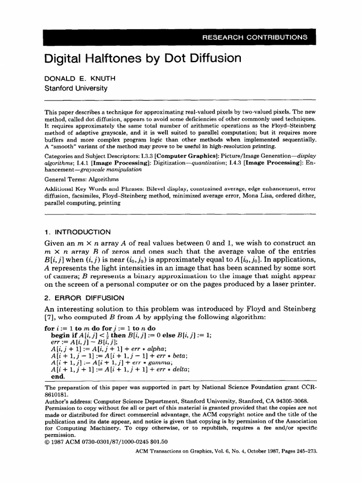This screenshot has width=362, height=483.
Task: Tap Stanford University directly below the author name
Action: [x=75, y=88]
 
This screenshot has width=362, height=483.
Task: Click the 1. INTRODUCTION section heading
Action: [x=77, y=232]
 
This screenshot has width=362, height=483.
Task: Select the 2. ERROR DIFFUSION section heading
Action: [x=84, y=298]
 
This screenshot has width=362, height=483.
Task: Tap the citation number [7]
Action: [x=49, y=318]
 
